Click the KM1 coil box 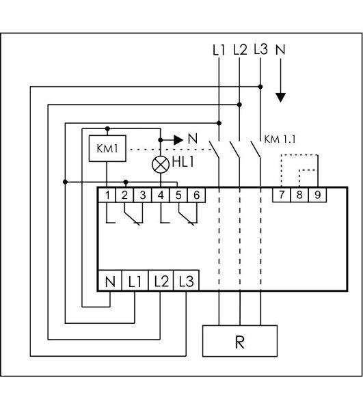(x=107, y=148)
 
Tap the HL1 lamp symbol (x=161, y=165)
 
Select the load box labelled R (x=240, y=341)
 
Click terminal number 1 (x=107, y=195)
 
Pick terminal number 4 (x=161, y=195)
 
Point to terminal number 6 (x=196, y=195)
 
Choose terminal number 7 (x=282, y=195)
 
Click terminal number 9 (x=317, y=195)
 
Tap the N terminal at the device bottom (x=110, y=281)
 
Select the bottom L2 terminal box (x=161, y=281)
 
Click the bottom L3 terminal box (x=186, y=281)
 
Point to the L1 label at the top (x=219, y=50)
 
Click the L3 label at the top (x=260, y=49)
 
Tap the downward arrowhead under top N (x=280, y=98)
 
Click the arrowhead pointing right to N (x=178, y=140)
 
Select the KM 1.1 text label (x=280, y=139)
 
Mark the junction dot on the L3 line (x=260, y=87)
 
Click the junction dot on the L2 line (x=239, y=105)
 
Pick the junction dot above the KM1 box (x=107, y=128)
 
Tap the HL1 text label (x=183, y=162)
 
